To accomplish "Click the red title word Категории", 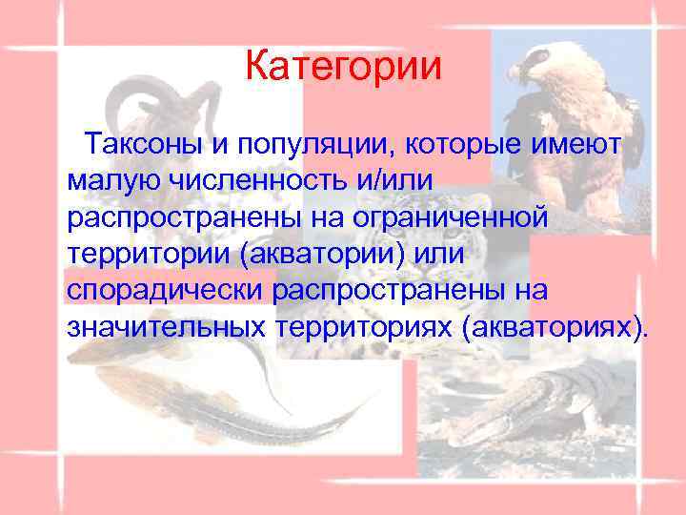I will click(343, 67).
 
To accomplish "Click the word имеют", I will click(580, 144).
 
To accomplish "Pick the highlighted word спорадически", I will click(167, 290).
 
